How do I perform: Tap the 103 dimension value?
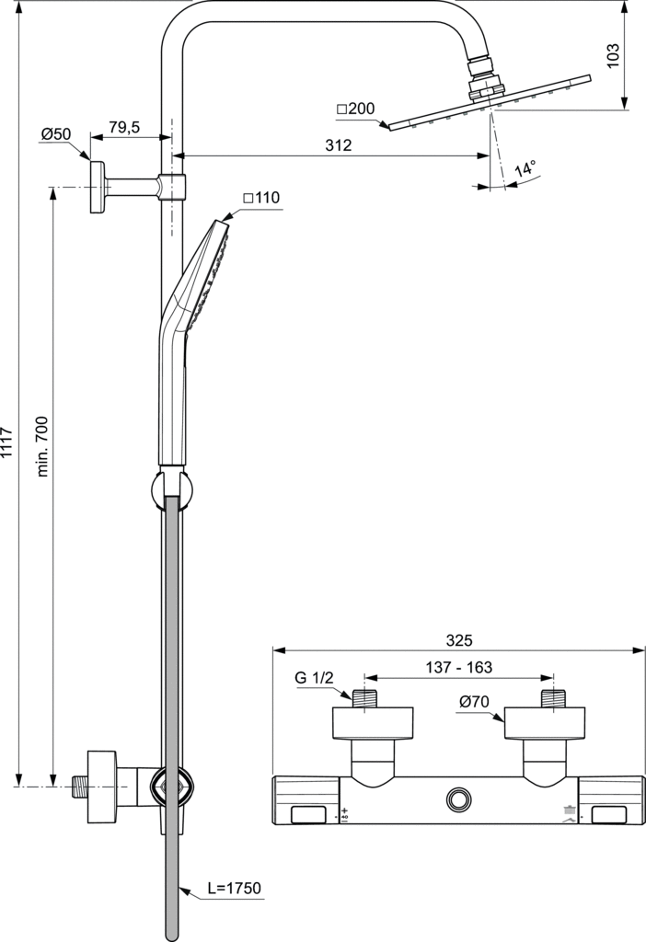point(614,56)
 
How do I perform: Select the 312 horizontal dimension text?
point(339,145)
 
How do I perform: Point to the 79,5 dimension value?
point(124,127)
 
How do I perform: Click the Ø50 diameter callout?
point(56,134)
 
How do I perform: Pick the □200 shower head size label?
point(356,109)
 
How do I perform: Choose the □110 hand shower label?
point(260,198)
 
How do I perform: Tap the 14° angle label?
point(525,169)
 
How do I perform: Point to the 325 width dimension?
point(459,640)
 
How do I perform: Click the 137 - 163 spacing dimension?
point(459,667)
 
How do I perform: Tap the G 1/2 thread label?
point(314,678)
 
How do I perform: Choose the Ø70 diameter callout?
point(474,701)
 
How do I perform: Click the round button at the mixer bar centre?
point(459,800)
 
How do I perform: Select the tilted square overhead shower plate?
point(490,102)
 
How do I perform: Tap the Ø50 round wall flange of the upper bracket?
point(97,186)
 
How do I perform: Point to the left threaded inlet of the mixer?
point(365,698)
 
